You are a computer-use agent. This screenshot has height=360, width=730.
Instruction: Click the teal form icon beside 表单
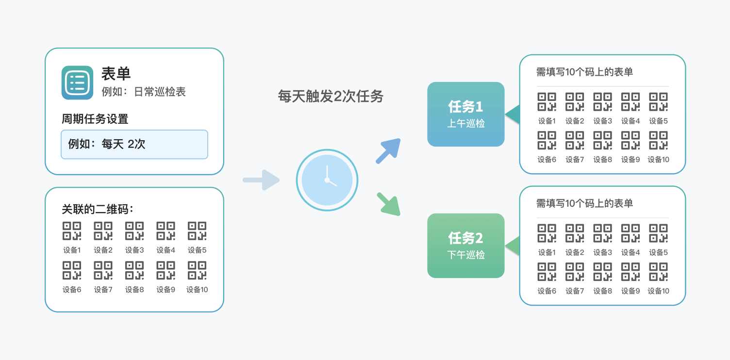77,82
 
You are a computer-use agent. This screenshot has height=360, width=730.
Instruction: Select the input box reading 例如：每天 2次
134,144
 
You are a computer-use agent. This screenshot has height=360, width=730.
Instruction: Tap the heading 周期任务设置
95,118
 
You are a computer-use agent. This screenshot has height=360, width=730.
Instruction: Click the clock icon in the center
327,180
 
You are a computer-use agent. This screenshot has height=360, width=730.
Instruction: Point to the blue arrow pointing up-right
388,151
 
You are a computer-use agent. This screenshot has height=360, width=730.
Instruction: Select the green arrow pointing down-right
389,204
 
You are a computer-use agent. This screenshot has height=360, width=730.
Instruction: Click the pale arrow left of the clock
262,180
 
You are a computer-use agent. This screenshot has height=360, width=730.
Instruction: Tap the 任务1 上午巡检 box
465,114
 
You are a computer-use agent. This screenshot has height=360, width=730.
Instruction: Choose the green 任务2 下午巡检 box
465,245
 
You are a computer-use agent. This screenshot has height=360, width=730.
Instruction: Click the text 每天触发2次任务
331,97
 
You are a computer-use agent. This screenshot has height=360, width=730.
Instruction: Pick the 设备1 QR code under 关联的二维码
72,231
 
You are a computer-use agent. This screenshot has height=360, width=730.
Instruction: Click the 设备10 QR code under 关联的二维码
197,270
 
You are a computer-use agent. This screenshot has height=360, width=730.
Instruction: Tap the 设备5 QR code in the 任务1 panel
658,102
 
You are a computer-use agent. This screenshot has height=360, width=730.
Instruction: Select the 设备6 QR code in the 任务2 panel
547,272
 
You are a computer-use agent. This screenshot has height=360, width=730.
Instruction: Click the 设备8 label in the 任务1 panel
602,159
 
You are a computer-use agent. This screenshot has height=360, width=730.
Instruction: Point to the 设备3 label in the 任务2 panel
602,252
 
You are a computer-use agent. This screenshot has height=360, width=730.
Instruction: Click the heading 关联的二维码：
98,209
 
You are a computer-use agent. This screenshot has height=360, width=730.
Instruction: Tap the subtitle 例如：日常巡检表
144,92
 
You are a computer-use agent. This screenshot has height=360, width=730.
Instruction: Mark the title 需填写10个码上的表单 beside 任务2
584,203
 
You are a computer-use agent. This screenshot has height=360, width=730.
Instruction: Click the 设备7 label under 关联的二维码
103,290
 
